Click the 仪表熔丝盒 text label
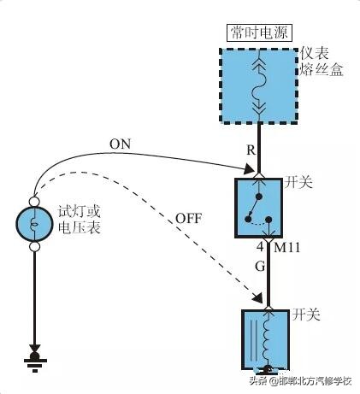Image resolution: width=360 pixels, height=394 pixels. pyautogui.click(x=322, y=62)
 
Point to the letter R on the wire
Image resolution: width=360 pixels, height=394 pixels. pyautogui.click(x=251, y=150)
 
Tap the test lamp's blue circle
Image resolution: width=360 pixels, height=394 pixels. pyautogui.click(x=35, y=224)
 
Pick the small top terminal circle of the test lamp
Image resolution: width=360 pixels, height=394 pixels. pyautogui.click(x=35, y=201)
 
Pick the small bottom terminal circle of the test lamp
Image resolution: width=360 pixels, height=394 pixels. pyautogui.click(x=35, y=247)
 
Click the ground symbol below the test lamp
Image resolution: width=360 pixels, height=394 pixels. pyautogui.click(x=35, y=358)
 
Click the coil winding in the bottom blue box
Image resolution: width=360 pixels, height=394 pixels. pyautogui.click(x=272, y=339)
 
